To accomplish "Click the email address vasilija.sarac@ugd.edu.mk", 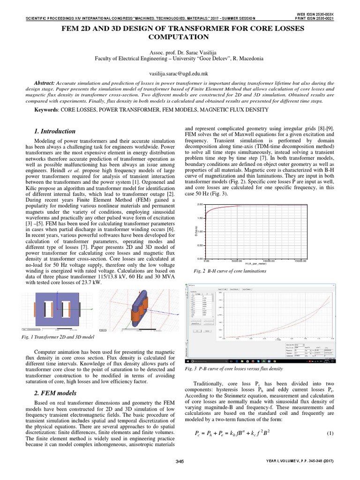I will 180,74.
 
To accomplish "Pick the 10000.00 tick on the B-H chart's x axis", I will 269,262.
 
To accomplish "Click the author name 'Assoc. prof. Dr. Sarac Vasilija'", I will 180,52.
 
